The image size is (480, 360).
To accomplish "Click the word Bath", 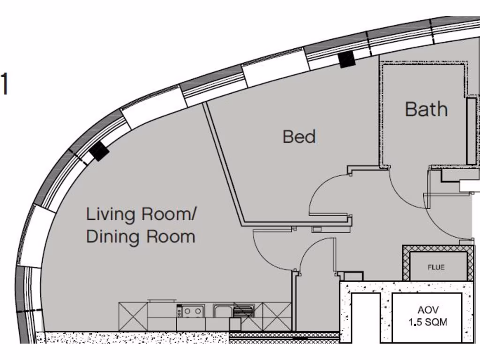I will click(x=426, y=109).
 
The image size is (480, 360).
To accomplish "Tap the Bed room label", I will click(x=299, y=137).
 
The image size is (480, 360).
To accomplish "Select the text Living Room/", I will click(x=141, y=214).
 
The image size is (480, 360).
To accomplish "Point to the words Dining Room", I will click(x=141, y=237).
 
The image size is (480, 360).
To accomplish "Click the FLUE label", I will click(x=435, y=268).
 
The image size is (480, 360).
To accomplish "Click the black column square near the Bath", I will click(x=347, y=60).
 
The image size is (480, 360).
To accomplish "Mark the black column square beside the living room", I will click(x=99, y=151).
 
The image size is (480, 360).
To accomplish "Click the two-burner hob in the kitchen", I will click(x=191, y=310).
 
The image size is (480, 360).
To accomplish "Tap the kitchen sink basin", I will click(x=222, y=310).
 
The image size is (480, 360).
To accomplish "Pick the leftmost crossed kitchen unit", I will click(x=133, y=316).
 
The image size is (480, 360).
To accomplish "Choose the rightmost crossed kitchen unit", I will click(x=277, y=316).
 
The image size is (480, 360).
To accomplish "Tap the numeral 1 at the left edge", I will click(x=5, y=84).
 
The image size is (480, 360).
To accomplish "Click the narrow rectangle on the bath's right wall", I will click(x=471, y=131).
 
